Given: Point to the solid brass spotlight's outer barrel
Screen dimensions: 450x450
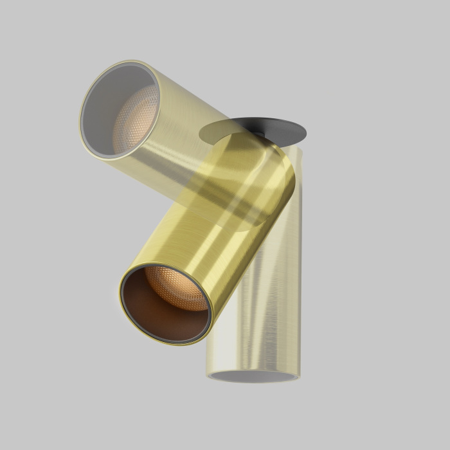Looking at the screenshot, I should click(x=212, y=244).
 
